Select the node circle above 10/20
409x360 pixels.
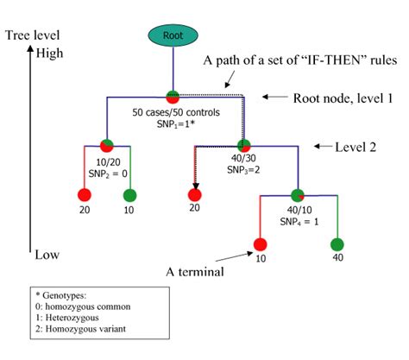click(107, 145)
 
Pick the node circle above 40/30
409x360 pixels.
click(243, 144)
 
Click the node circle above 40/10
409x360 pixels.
click(298, 196)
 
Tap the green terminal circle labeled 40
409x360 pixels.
click(337, 244)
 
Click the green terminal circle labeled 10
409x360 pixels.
click(126, 195)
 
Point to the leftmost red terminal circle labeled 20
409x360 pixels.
click(84, 195)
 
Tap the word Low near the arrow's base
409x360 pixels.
click(48, 256)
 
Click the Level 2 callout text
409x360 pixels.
click(360, 147)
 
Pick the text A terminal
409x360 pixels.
click(198, 272)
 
